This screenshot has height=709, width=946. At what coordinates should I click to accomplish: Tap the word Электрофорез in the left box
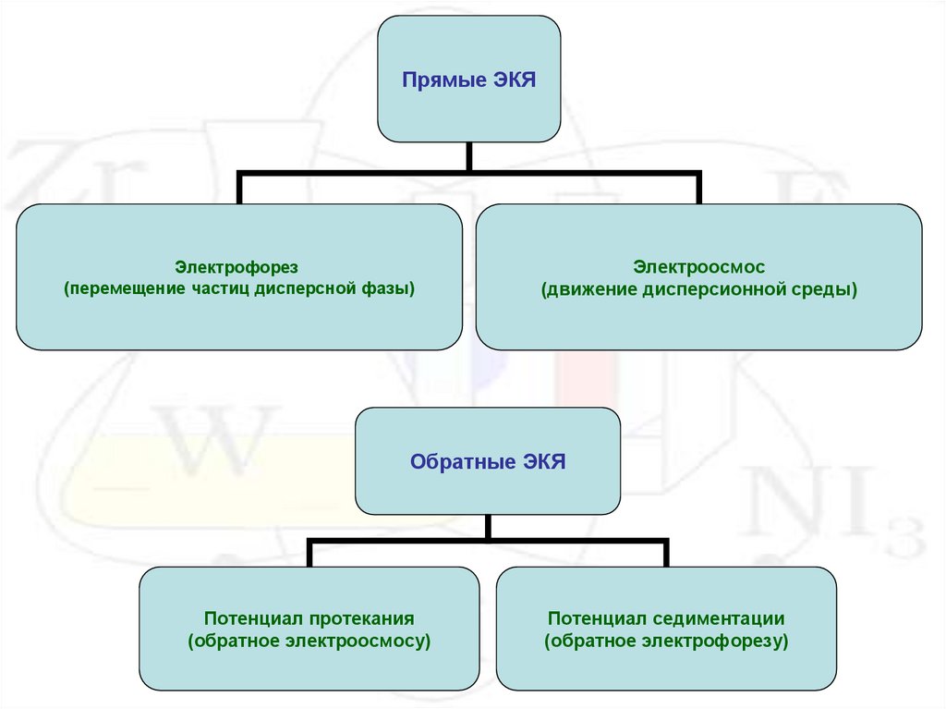point(238,267)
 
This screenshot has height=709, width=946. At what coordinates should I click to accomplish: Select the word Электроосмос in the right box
point(698,267)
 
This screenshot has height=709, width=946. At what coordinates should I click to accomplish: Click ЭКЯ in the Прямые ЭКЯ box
point(512,80)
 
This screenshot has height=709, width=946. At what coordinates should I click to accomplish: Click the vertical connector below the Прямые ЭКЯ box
point(469,157)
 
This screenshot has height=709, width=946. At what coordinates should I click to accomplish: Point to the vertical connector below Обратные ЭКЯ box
point(487,528)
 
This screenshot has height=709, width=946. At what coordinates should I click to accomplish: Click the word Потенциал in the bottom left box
point(246,618)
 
